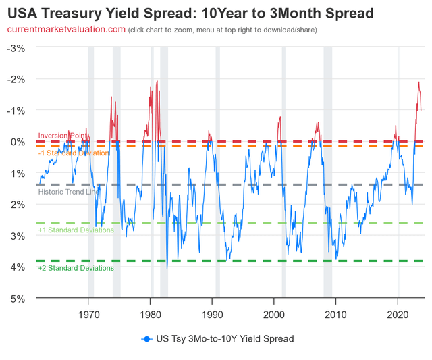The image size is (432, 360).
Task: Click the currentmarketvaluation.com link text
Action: [65, 29]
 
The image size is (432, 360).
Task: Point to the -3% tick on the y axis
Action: [16, 48]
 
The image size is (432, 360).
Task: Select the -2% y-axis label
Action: [16, 79]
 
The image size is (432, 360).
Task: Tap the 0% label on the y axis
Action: [19, 142]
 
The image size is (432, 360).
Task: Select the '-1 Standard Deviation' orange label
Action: [73, 153]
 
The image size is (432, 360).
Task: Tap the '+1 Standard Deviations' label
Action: [76, 230]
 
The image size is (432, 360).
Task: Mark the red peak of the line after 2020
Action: [418, 82]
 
